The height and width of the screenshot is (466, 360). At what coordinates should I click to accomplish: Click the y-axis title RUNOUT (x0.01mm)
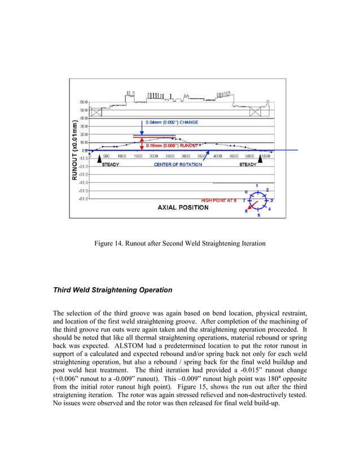(x=74, y=150)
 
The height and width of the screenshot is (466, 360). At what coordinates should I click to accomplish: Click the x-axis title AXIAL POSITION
(x=182, y=207)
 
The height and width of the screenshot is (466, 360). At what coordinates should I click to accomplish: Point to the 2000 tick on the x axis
(x=153, y=156)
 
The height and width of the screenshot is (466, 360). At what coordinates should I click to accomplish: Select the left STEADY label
(x=109, y=165)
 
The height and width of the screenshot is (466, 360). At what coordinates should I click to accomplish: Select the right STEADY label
(x=248, y=165)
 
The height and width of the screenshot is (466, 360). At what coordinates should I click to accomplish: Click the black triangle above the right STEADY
(x=261, y=160)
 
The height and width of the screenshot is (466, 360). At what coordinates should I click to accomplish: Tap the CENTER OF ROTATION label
(x=175, y=165)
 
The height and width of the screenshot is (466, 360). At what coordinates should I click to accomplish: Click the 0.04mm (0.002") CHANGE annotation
(x=172, y=122)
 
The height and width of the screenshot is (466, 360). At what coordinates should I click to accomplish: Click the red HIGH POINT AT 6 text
(x=219, y=200)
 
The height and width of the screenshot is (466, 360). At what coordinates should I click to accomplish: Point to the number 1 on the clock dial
(x=257, y=186)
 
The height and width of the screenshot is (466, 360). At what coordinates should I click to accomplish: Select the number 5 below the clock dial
(x=258, y=215)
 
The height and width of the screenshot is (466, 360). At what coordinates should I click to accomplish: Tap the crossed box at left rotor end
(x=95, y=111)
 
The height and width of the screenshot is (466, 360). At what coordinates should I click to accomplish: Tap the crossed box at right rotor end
(x=254, y=111)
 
